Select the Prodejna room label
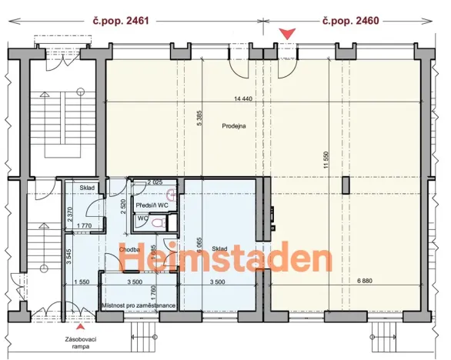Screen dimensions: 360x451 233,126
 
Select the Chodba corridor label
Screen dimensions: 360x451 129,248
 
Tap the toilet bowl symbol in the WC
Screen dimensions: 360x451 158,222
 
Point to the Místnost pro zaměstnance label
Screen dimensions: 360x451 139,305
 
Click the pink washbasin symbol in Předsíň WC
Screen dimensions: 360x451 171,195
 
